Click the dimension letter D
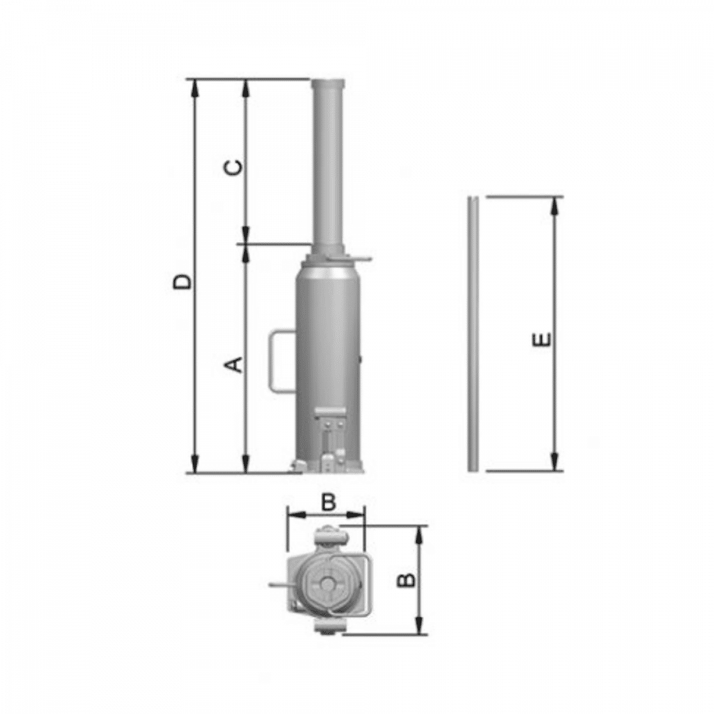point(183,282)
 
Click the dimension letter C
point(234,167)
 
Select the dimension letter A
point(234,365)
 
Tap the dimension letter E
point(542,340)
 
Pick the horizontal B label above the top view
point(328,502)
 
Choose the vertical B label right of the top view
point(406,580)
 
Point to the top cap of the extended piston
point(327,84)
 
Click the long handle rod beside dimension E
point(474,334)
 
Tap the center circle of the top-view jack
point(327,585)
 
